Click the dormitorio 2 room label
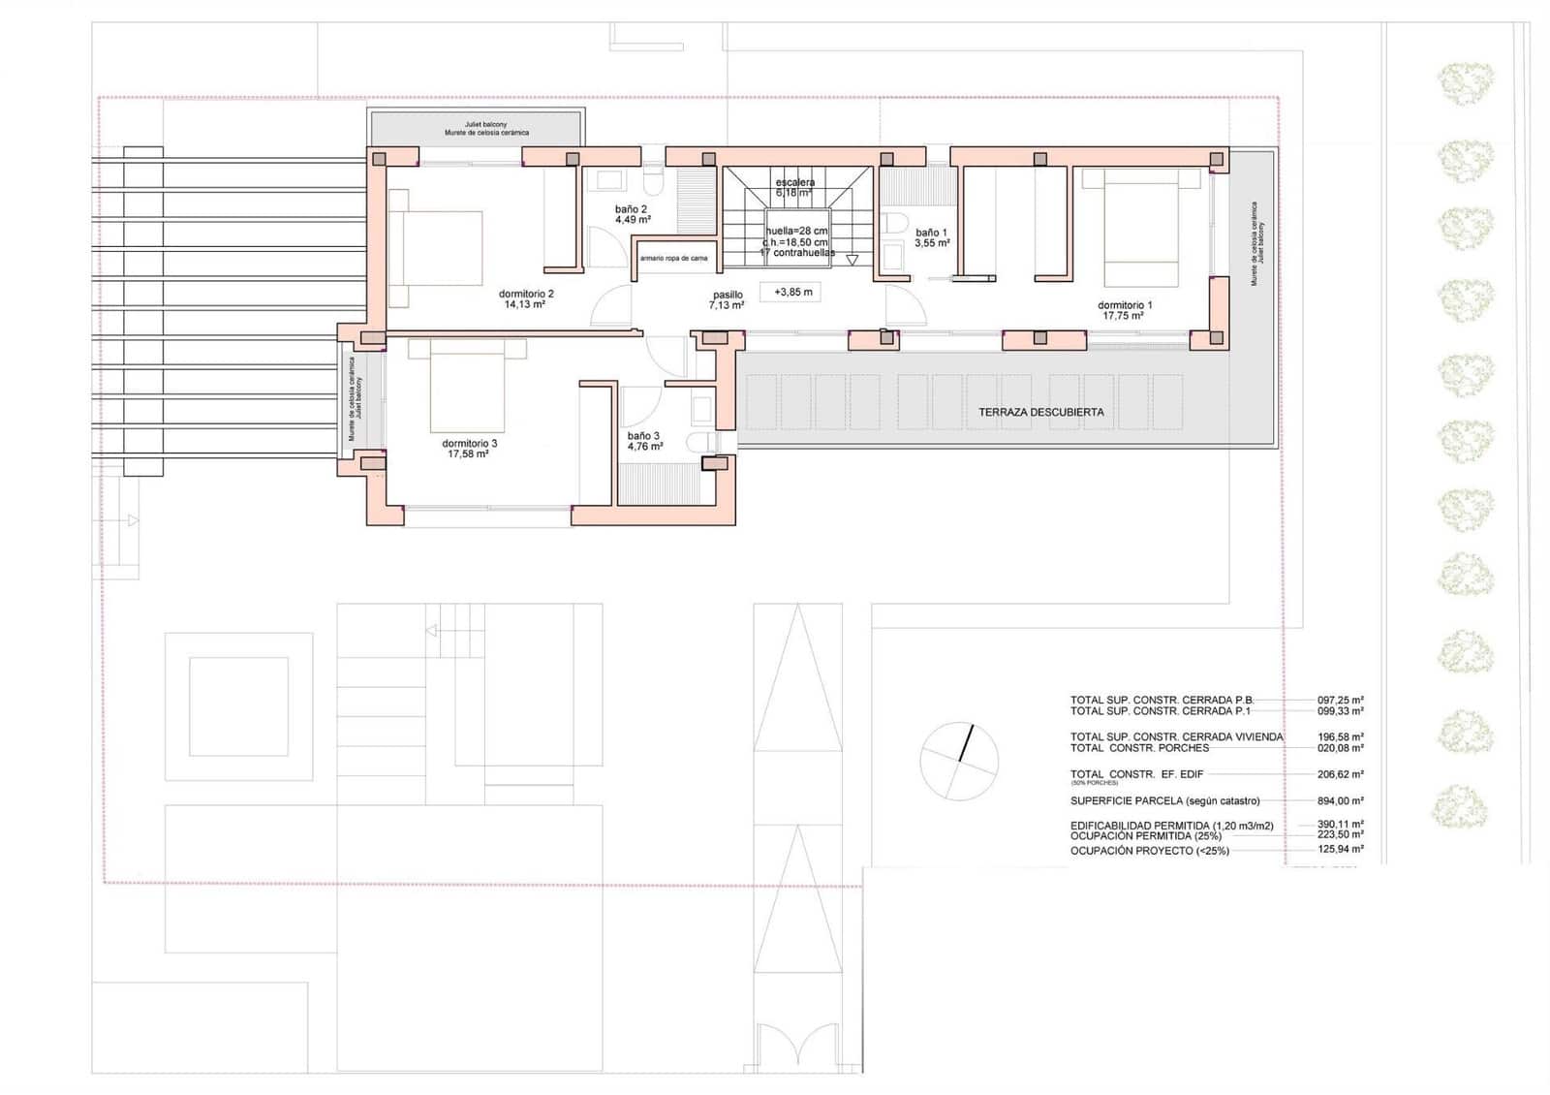(x=526, y=294)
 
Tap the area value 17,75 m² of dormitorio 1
(x=1124, y=316)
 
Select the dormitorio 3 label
(x=469, y=443)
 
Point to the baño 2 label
(x=632, y=208)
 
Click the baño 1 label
(x=931, y=233)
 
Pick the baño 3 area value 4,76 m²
(x=644, y=447)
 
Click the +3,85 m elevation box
(x=792, y=292)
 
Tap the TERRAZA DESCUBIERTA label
(x=1040, y=412)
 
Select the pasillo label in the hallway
(x=728, y=295)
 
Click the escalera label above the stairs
(x=794, y=182)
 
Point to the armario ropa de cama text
(x=673, y=259)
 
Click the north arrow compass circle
(x=958, y=761)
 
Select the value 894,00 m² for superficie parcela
(x=1340, y=801)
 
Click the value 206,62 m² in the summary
(x=1340, y=774)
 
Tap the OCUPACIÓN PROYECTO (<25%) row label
(x=1149, y=851)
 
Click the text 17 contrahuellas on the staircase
(x=796, y=252)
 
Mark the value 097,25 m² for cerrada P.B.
(x=1340, y=700)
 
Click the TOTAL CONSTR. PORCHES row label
(x=1139, y=748)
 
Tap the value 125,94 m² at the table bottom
(x=1340, y=849)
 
